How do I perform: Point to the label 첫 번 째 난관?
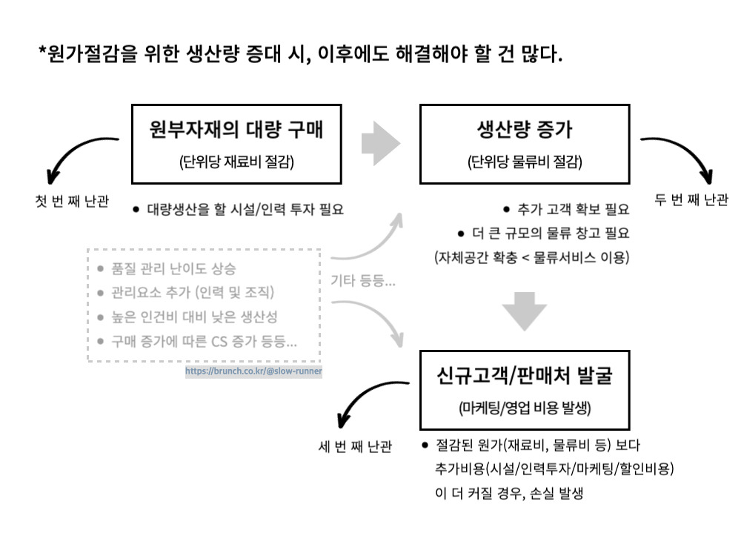pos(72,202)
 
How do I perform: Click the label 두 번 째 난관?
pos(691,200)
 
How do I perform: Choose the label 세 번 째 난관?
pos(354,446)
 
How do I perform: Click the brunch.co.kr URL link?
pos(253,371)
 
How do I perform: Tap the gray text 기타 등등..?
pos(363,282)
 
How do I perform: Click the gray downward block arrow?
pos(525,311)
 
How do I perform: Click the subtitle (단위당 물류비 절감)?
pos(525,162)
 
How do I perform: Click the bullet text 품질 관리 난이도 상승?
pos(173,268)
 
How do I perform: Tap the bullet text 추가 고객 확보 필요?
pos(573,210)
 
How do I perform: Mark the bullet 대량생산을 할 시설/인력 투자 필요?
pos(245,209)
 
